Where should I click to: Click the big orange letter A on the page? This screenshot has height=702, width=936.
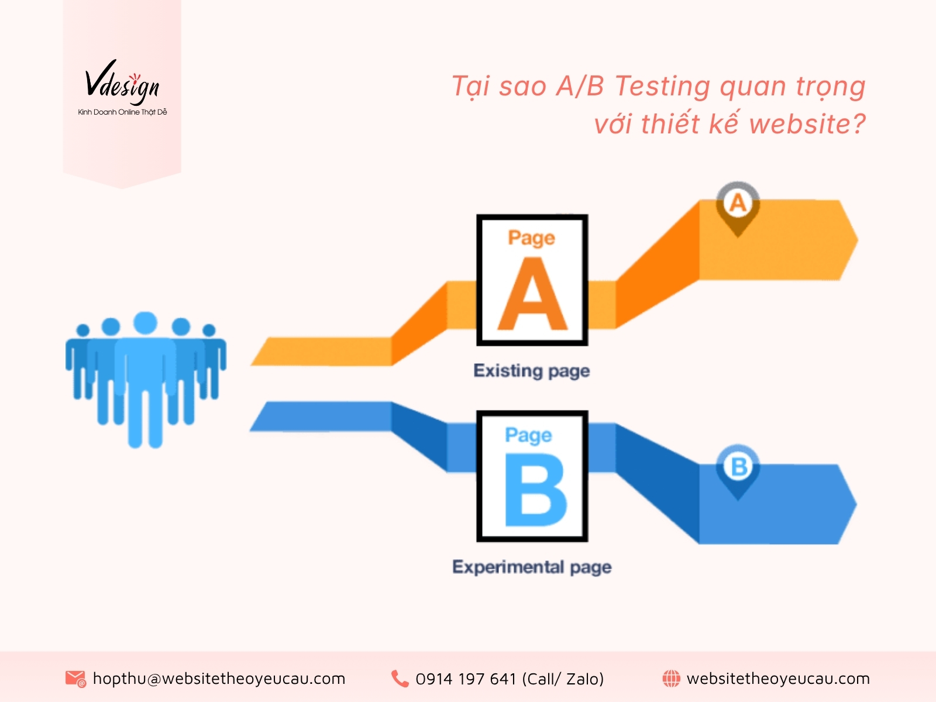point(532,295)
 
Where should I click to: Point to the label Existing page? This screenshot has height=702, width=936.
point(531,371)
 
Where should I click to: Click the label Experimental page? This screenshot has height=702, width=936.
point(532,567)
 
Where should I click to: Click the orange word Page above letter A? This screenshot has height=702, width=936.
point(531,238)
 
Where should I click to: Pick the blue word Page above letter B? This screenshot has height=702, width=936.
point(528,435)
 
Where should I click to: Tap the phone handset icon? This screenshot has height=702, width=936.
point(400,679)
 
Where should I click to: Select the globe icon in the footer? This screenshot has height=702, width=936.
point(671,679)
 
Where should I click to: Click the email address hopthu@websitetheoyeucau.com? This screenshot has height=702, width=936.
point(219,679)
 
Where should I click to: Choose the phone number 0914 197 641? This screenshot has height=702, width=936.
point(466,679)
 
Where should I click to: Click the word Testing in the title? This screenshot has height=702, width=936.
point(662,87)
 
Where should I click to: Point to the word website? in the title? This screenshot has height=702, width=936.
point(807,124)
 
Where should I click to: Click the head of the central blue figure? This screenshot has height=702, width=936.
point(145,323)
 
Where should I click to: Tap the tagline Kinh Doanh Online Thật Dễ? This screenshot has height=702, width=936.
point(122,112)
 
